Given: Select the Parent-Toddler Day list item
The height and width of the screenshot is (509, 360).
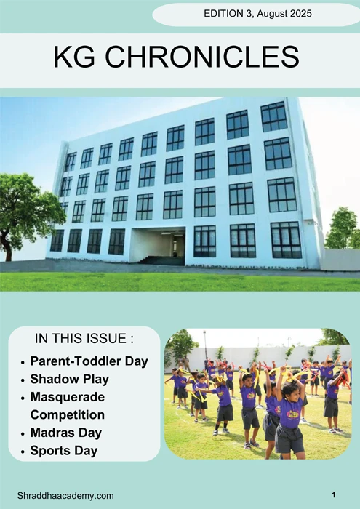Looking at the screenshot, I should (x=89, y=361).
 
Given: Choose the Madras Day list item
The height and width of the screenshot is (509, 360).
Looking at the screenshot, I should (x=66, y=433).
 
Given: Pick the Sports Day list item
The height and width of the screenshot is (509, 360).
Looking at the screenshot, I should (x=64, y=451).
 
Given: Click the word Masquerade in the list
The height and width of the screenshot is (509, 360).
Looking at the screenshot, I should (x=68, y=397).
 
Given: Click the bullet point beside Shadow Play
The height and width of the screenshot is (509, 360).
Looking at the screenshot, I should (x=23, y=380).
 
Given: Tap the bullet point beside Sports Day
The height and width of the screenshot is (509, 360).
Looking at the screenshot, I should (x=23, y=452).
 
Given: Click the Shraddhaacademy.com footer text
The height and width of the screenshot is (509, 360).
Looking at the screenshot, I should (x=65, y=495).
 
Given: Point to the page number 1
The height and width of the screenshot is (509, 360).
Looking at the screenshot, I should (x=333, y=494).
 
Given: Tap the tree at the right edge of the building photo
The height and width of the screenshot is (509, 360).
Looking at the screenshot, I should (x=343, y=229).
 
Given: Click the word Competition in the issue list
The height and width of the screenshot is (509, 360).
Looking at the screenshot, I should (x=68, y=415).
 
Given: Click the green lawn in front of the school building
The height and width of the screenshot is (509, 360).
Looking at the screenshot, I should (x=182, y=280).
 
